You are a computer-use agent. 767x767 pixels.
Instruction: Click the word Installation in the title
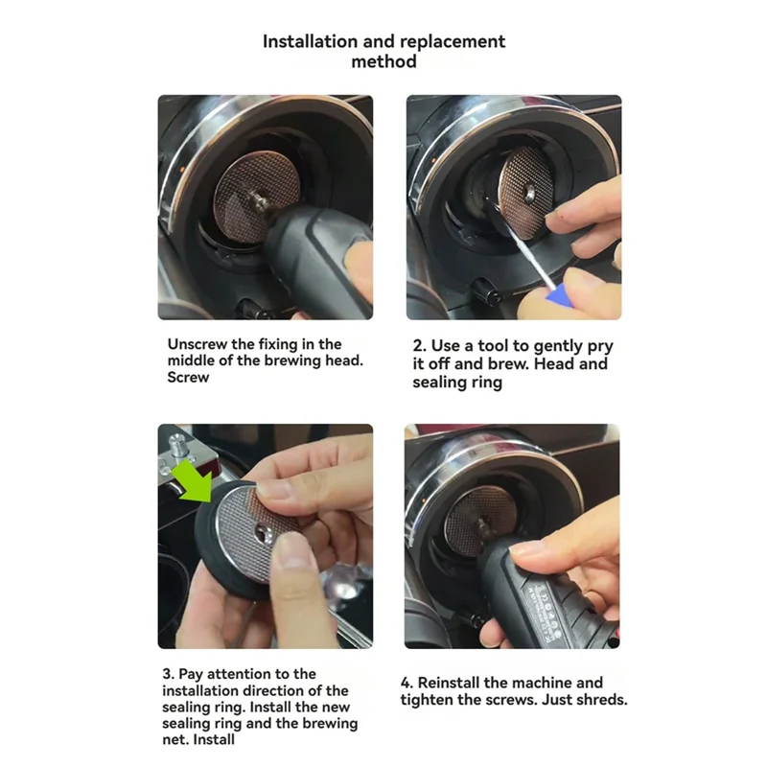(311, 41)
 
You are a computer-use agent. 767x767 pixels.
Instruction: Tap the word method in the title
(384, 61)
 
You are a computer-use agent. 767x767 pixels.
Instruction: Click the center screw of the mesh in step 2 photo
(529, 193)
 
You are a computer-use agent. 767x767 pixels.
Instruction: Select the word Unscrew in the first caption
(198, 344)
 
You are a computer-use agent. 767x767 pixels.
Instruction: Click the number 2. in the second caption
(420, 346)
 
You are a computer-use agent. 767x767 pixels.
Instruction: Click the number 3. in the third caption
(169, 674)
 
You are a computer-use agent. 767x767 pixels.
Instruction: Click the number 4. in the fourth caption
(407, 683)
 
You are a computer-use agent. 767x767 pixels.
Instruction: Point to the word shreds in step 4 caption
(603, 700)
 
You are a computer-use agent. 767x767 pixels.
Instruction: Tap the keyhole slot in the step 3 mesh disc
(265, 534)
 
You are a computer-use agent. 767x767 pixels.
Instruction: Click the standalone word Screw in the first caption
(188, 378)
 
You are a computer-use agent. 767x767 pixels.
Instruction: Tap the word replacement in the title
(452, 42)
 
